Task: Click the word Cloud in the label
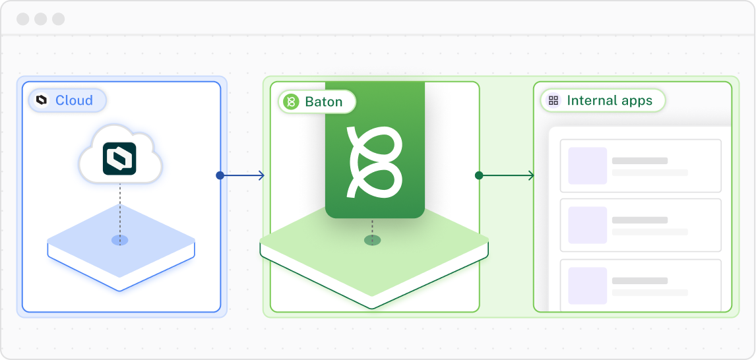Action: pos(74,101)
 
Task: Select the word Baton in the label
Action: pos(323,102)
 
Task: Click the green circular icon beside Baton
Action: pos(291,102)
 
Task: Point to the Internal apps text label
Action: pos(610,101)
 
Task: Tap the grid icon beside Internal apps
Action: pos(553,101)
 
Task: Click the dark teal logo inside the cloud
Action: pos(119,159)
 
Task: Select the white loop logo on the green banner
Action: pos(374,160)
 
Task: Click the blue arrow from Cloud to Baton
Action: pos(244,175)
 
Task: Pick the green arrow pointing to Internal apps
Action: pos(508,175)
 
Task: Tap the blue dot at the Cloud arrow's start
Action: pos(220,175)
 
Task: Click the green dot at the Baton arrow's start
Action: pos(479,175)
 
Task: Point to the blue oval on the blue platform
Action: pos(120,240)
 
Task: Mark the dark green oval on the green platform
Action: pos(373,240)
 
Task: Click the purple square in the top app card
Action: pos(587,165)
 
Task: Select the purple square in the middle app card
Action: pos(587,225)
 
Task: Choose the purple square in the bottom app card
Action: pos(587,285)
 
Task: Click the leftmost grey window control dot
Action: pos(23,18)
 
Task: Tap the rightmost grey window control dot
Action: pos(59,18)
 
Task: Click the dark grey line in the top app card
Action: pos(639,161)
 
